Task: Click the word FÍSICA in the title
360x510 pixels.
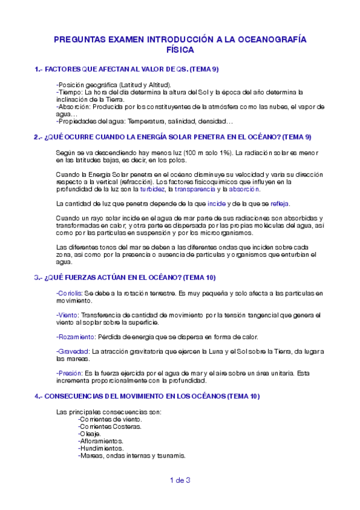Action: click(x=180, y=51)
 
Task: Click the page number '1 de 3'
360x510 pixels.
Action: click(x=180, y=480)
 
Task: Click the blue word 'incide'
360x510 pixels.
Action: click(x=216, y=204)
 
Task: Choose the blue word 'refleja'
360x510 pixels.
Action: click(x=280, y=204)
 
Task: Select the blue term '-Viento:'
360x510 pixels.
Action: click(x=67, y=315)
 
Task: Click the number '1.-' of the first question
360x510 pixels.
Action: click(x=39, y=70)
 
